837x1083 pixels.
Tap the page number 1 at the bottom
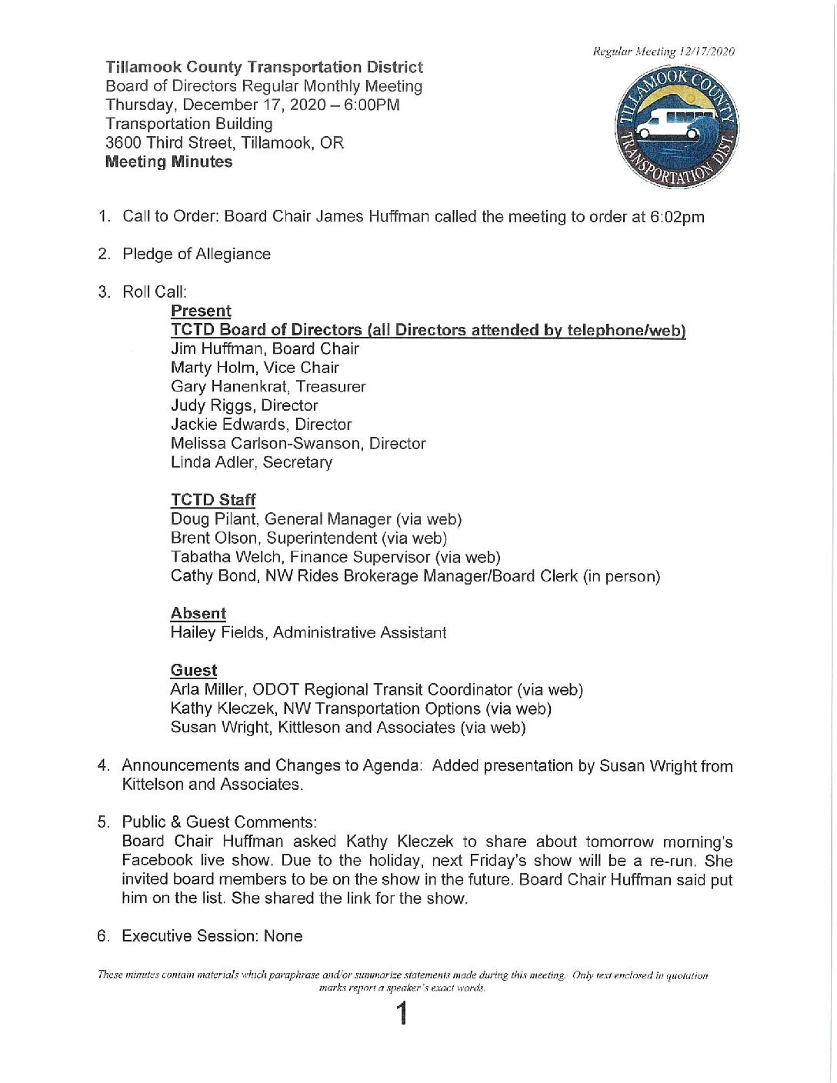tap(401, 1015)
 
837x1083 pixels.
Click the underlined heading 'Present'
tap(201, 311)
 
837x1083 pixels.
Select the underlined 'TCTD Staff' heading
tap(213, 500)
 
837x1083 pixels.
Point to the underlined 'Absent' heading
tap(198, 613)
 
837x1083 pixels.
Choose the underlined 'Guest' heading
tap(194, 670)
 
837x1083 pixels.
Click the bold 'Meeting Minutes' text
tap(168, 162)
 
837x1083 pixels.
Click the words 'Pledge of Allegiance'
tap(196, 254)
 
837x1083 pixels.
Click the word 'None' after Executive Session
tap(283, 936)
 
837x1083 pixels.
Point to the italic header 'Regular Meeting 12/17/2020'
tap(663, 52)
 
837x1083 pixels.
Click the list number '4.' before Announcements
tap(104, 765)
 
